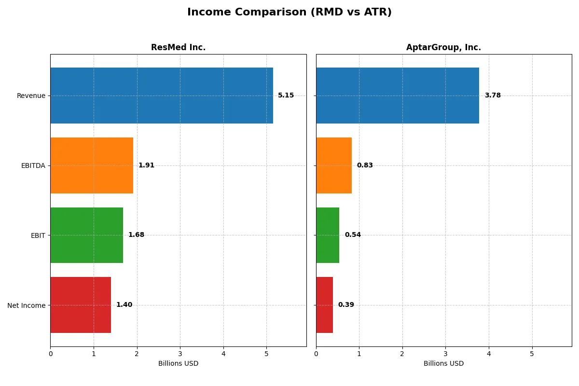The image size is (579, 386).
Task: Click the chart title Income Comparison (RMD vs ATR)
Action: [289, 13]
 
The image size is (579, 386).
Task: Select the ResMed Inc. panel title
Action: [178, 47]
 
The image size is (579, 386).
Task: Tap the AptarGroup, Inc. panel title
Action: [443, 47]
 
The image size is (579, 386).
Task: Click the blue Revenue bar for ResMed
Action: [162, 96]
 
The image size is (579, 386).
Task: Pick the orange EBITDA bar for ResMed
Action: [92, 165]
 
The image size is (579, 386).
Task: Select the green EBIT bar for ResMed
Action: [87, 235]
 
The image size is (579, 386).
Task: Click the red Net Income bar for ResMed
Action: [81, 305]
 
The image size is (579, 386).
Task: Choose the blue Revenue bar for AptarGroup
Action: [398, 96]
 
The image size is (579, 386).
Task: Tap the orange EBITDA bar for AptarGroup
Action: [334, 165]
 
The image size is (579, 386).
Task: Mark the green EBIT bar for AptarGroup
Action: [328, 235]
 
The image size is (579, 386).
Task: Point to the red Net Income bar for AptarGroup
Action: [324, 305]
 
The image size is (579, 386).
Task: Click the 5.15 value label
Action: [286, 96]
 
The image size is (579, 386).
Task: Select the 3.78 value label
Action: [493, 96]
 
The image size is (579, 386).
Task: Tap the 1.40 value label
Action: [124, 305]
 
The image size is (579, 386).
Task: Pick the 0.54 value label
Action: [353, 235]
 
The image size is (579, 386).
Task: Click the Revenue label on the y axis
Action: [31, 96]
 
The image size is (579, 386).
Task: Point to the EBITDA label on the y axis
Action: [33, 165]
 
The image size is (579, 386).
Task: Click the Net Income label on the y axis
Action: [27, 305]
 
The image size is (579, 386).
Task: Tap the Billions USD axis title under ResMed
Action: [178, 363]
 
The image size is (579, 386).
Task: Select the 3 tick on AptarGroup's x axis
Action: [445, 354]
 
